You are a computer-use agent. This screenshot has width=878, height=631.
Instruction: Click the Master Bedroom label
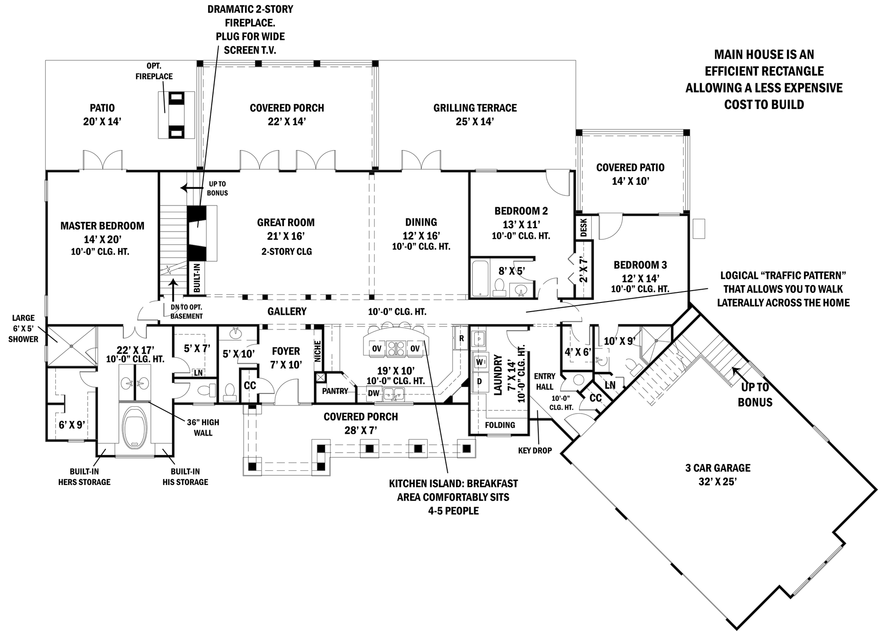102,226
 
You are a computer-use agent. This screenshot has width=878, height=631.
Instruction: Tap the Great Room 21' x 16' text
286,229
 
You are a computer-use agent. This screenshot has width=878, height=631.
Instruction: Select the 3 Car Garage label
717,468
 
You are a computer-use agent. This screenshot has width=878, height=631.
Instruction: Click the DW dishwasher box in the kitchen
374,393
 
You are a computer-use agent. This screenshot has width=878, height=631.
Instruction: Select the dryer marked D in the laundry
479,381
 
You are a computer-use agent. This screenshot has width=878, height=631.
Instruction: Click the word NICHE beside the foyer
318,351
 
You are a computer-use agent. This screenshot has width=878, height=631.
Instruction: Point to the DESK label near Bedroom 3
584,227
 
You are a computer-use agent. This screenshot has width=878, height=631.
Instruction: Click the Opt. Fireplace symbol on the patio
177,115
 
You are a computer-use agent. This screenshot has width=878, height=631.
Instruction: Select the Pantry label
335,391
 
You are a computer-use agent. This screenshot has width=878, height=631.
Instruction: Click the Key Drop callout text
535,451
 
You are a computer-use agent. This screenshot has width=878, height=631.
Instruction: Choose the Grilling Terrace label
475,108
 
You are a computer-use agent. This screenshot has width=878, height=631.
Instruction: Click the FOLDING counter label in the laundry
500,425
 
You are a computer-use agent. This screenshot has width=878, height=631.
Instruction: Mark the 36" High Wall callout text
203,427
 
